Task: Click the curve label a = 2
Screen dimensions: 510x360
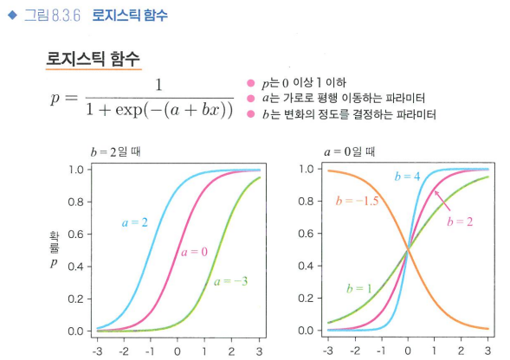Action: pos(135,222)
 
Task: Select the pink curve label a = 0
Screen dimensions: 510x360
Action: pos(194,252)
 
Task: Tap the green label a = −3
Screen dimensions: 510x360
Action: pos(230,281)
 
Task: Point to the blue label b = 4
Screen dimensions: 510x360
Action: pos(407,177)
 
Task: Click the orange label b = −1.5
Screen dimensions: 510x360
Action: pos(357,201)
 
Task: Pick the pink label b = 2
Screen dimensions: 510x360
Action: pos(460,222)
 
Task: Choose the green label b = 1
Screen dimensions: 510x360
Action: pos(358,288)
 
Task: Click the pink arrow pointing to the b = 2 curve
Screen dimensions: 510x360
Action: pos(442,201)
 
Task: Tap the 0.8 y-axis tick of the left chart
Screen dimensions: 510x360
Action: pos(76,202)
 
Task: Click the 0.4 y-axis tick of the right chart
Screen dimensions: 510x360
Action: pos(306,266)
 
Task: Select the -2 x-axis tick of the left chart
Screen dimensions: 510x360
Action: pos(124,351)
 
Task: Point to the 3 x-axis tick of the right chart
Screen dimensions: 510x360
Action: pos(487,350)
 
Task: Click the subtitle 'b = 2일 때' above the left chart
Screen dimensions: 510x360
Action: pos(115,151)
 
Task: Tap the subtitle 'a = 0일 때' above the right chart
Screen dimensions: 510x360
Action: pos(349,151)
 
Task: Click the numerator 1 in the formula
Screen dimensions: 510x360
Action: pos(158,85)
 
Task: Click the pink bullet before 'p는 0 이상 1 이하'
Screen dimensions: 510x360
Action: pos(250,83)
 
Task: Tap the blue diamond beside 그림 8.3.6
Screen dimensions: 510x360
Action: pos(12,15)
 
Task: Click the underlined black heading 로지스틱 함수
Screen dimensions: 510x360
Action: pos(93,59)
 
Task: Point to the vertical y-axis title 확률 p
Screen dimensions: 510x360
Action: pos(55,249)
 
